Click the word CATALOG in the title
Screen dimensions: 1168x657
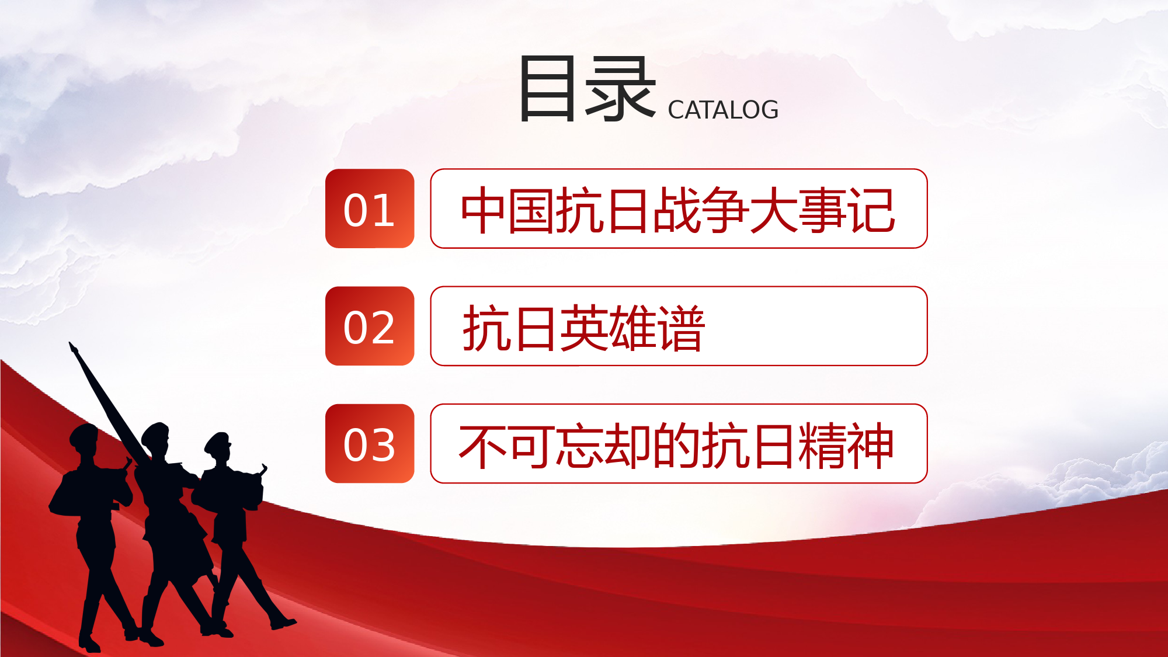click(x=723, y=110)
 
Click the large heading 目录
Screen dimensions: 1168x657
click(x=586, y=89)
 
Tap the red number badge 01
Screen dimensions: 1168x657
click(x=370, y=208)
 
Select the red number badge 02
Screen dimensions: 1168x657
click(x=370, y=326)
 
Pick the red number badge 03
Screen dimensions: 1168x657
click(x=370, y=443)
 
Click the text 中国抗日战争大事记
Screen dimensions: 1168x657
click(x=678, y=210)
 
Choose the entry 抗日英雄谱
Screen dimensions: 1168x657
click(x=584, y=328)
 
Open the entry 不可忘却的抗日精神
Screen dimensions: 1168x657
click(x=676, y=446)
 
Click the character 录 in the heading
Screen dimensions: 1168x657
click(x=621, y=89)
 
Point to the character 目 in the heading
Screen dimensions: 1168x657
click(x=547, y=89)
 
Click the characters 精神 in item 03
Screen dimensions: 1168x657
click(x=846, y=446)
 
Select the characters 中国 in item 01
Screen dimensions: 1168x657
click(x=508, y=210)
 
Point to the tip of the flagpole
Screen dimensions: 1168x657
click(x=71, y=344)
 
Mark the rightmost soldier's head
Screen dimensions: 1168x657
click(x=218, y=446)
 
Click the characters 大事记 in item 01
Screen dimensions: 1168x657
click(x=823, y=210)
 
